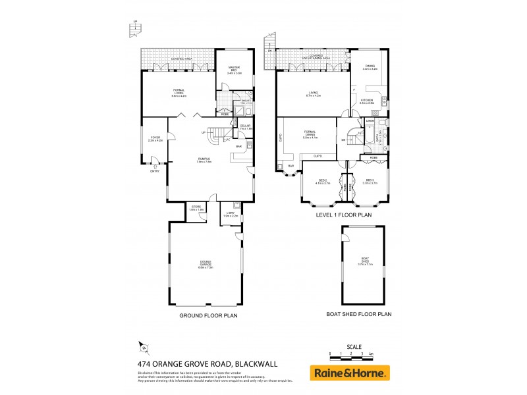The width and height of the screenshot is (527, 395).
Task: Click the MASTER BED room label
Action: [x=235, y=71]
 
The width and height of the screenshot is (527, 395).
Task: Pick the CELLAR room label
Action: [x=244, y=126]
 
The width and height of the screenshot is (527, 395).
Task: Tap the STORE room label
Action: [x=196, y=208]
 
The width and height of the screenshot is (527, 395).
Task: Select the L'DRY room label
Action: [x=230, y=213]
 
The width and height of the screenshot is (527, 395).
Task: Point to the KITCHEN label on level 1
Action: [x=367, y=101]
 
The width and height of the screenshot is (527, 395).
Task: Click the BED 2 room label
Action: [x=322, y=182]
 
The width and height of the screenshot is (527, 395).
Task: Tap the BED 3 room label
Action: [x=369, y=182]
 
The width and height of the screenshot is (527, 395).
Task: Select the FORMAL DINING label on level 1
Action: [x=310, y=135]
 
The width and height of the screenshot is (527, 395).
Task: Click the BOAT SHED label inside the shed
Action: [x=365, y=262]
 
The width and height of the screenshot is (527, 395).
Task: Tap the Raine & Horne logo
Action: [x=350, y=373]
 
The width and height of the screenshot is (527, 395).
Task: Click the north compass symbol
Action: [x=141, y=346]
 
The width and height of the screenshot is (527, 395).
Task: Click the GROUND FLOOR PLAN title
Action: [x=208, y=316]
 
